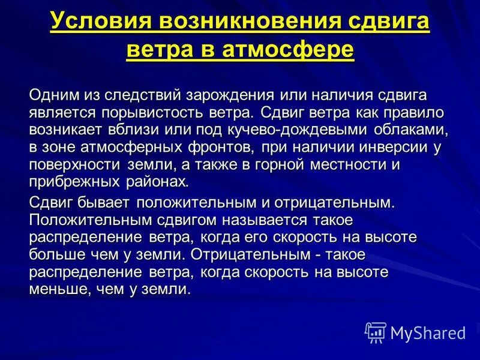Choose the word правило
(400, 112)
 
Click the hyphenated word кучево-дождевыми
(307, 130)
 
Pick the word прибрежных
(74, 181)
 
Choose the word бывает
(100, 203)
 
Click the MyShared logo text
(427, 332)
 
